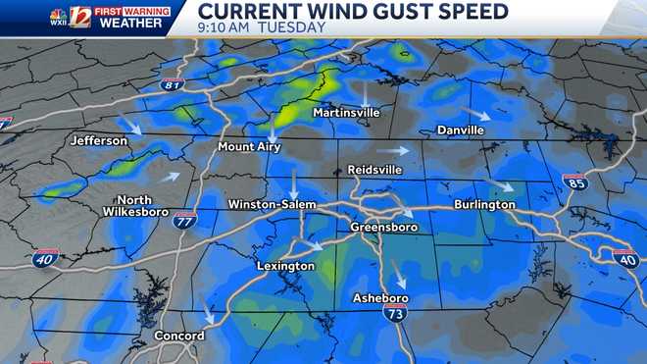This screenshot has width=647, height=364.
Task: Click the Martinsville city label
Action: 346,114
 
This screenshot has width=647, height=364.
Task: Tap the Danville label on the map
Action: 461,130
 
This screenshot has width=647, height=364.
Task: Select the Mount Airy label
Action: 249,147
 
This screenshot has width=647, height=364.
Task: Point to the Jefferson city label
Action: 99,141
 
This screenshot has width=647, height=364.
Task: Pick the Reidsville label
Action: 375,170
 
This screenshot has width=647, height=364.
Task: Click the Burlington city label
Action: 484,204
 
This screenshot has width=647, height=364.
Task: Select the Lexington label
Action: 285,266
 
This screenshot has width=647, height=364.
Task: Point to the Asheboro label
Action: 379,298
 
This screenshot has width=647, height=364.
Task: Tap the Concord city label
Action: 179,336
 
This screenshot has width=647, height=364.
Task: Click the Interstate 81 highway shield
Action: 173,85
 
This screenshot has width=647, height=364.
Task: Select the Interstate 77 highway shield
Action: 183,220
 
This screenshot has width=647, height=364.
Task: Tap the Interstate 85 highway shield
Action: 575,182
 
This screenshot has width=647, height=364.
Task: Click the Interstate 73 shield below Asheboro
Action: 394,312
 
